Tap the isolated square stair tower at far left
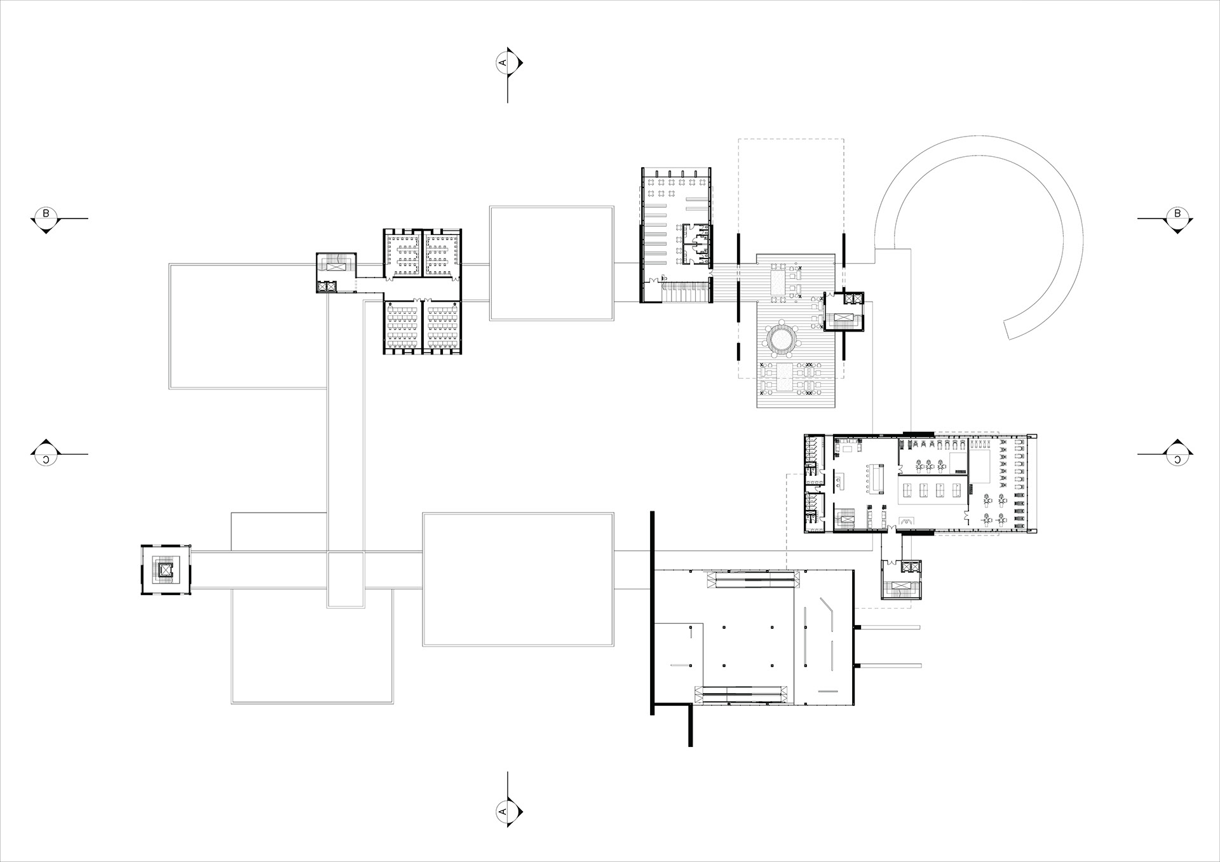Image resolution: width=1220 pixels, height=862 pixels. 165,570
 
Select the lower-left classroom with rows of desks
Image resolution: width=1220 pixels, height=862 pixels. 402,327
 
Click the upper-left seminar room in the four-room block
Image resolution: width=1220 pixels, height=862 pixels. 402,254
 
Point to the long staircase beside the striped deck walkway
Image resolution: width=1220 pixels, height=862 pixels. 686,293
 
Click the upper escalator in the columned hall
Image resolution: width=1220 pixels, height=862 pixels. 752,579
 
